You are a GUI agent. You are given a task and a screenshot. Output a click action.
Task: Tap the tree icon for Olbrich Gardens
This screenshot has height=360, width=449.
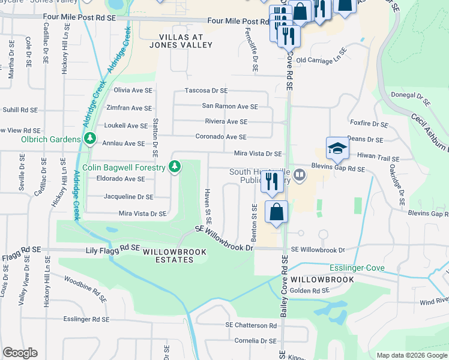(x=90, y=139)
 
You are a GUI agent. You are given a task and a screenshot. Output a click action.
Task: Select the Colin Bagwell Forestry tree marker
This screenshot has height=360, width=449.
(x=175, y=166)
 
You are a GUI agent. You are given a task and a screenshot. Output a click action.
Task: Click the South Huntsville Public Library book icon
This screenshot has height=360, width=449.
(x=300, y=176)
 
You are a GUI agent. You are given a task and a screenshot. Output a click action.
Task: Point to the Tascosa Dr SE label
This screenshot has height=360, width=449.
(x=206, y=91)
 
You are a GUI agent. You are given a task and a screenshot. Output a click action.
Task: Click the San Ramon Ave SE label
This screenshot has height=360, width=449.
(x=229, y=106)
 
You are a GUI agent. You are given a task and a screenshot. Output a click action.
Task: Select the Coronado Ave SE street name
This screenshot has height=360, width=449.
(x=221, y=137)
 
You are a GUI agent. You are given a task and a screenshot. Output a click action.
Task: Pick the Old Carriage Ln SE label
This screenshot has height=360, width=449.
(x=322, y=60)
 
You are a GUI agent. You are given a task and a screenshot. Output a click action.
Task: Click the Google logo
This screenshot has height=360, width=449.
(x=20, y=353)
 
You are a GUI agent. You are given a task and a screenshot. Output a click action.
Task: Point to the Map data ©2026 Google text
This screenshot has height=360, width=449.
(x=411, y=355)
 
